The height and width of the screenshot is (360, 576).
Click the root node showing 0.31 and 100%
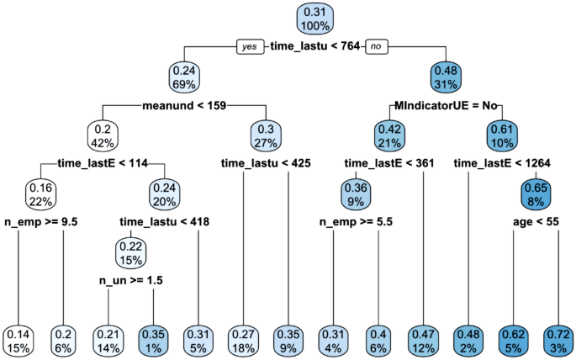click(314, 19)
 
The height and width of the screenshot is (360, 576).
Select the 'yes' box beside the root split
click(251, 47)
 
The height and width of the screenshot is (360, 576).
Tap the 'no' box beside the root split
click(376, 47)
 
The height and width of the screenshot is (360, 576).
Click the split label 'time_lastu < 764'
click(314, 47)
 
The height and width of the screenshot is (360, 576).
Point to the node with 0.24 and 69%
click(184, 77)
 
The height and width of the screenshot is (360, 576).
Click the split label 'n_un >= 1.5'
click(129, 280)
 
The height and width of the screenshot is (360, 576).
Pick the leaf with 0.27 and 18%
click(243, 339)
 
